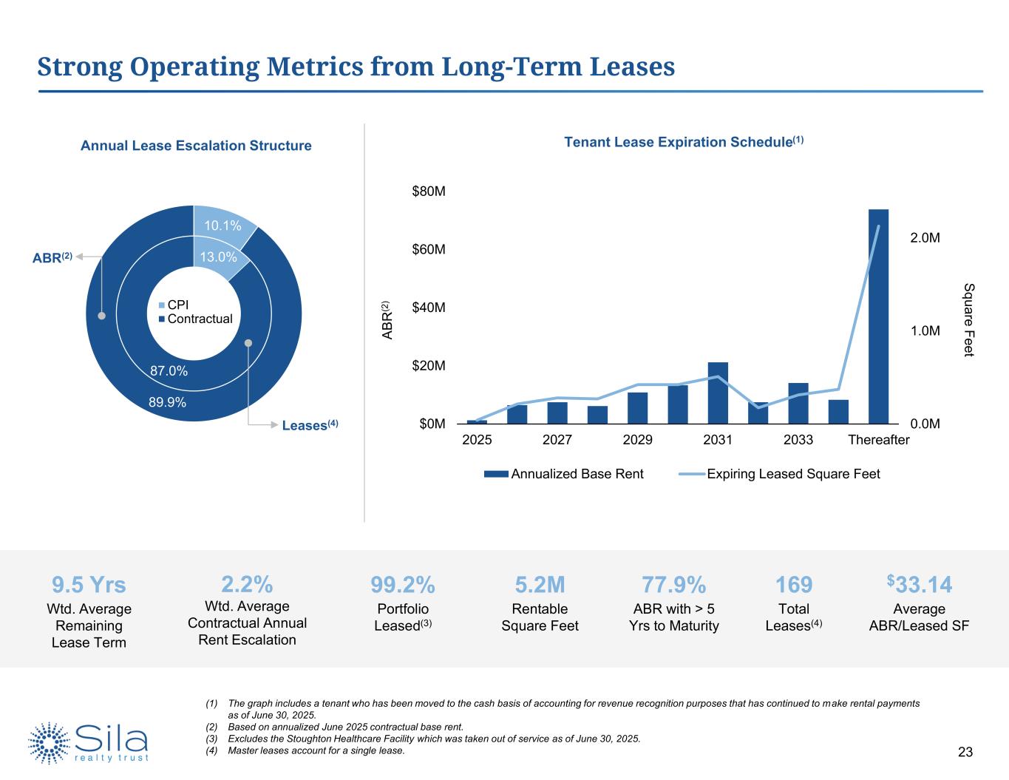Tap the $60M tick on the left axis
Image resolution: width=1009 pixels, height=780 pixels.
429,250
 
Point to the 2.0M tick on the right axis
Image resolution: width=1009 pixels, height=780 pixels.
925,238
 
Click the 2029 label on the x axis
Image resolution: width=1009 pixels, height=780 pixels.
637,441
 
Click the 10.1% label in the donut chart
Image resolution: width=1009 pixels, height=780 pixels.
222,225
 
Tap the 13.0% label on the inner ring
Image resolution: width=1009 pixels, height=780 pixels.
218,257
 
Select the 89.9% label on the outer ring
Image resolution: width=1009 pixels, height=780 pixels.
167,403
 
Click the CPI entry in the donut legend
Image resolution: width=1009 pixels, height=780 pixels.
179,305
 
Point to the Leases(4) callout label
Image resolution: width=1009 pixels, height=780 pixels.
310,425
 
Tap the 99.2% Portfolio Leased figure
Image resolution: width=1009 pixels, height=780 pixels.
402,586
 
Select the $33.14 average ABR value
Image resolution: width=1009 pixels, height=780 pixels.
919,585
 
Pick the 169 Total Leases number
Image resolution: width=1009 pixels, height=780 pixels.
793,586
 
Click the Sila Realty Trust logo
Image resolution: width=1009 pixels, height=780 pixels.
89,742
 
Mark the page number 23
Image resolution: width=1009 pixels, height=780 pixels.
965,753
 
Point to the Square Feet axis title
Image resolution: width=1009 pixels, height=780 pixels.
969,320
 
